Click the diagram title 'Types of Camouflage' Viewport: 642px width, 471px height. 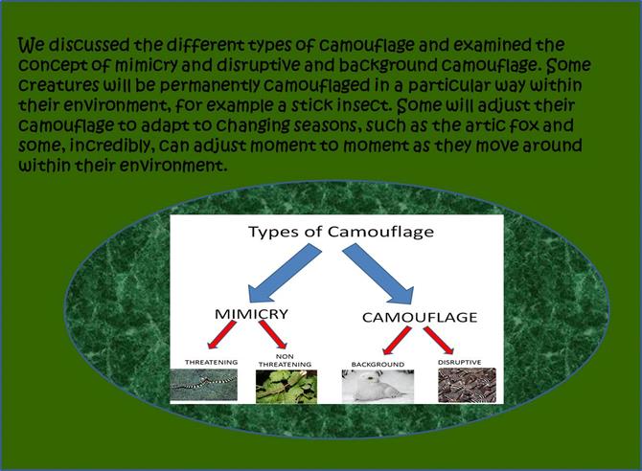[x=341, y=232]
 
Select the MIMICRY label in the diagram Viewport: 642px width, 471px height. [x=251, y=314]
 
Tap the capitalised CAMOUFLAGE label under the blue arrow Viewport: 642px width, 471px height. [x=420, y=317]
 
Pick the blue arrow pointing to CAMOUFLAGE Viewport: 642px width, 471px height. [x=378, y=274]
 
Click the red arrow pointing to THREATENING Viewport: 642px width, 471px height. [x=222, y=335]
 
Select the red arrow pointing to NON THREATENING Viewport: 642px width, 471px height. [x=273, y=334]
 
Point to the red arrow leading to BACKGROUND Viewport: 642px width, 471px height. [x=397, y=341]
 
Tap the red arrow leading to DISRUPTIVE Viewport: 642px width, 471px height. [x=439, y=340]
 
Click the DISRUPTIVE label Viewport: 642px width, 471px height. [x=459, y=362]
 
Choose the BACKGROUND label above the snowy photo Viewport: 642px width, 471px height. [x=378, y=364]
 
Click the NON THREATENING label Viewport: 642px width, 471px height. [x=285, y=361]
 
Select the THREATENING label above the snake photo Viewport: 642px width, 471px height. [x=211, y=362]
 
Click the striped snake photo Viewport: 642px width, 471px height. [x=203, y=385]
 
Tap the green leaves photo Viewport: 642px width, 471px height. [x=287, y=387]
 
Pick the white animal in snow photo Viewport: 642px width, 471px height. [x=378, y=387]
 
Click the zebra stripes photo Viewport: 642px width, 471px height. [x=468, y=385]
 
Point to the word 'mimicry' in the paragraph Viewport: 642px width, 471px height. [x=147, y=65]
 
